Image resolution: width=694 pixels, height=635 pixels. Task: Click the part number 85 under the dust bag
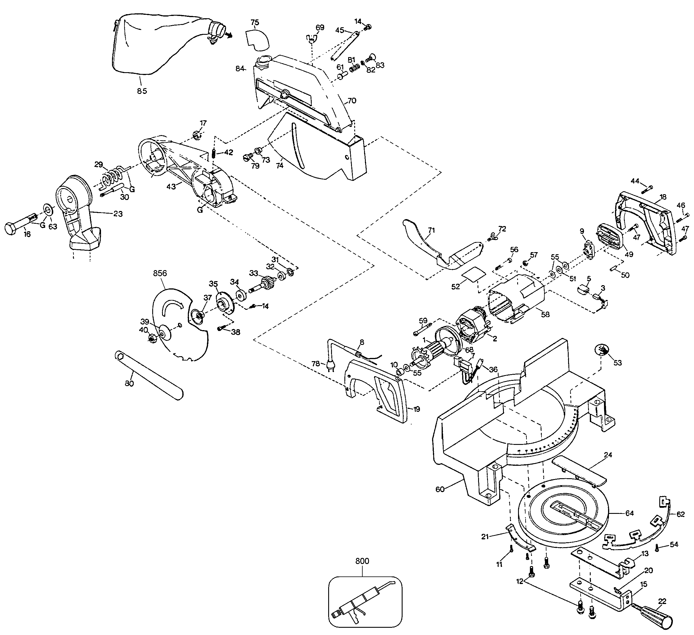142,91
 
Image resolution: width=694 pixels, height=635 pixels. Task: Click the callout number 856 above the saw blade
160,273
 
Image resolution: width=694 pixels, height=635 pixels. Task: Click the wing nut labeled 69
311,39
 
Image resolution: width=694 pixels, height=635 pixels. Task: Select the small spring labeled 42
214,152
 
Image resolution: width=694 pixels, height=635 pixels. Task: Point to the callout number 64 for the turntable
630,513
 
